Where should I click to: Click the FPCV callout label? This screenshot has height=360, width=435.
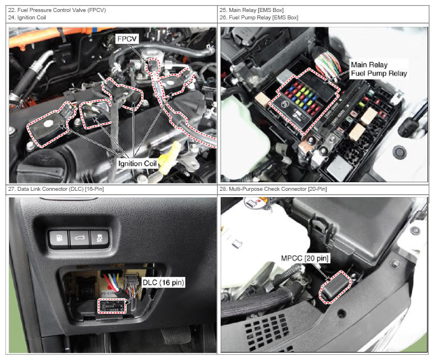pyautogui.click(x=127, y=39)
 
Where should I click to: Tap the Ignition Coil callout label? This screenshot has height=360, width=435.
pyautogui.click(x=137, y=163)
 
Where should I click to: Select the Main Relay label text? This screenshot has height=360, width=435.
pyautogui.click(x=369, y=65)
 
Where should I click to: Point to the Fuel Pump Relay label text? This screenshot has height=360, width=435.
pyautogui.click(x=379, y=73)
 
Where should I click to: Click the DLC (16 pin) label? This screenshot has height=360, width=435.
pyautogui.click(x=163, y=283)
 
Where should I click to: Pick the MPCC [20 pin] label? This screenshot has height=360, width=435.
pyautogui.click(x=304, y=258)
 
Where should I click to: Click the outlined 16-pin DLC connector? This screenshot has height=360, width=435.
pyautogui.click(x=112, y=306)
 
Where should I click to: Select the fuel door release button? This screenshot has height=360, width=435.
pyautogui.click(x=59, y=238)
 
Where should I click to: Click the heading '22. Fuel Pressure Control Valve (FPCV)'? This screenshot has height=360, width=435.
pyautogui.click(x=57, y=10)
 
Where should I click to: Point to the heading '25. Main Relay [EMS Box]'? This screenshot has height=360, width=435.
pyautogui.click(x=251, y=10)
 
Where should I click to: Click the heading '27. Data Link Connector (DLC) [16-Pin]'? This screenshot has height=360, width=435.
pyautogui.click(x=56, y=189)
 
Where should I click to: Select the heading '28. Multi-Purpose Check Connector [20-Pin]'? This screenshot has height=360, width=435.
pyautogui.click(x=273, y=189)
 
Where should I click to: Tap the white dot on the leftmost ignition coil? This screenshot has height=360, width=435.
pyautogui.click(x=48, y=124)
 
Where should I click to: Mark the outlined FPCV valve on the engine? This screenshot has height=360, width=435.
pyautogui.click(x=153, y=65)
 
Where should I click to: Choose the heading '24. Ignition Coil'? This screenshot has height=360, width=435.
pyautogui.click(x=27, y=18)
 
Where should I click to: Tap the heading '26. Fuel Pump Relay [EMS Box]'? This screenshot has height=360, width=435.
pyautogui.click(x=259, y=18)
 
